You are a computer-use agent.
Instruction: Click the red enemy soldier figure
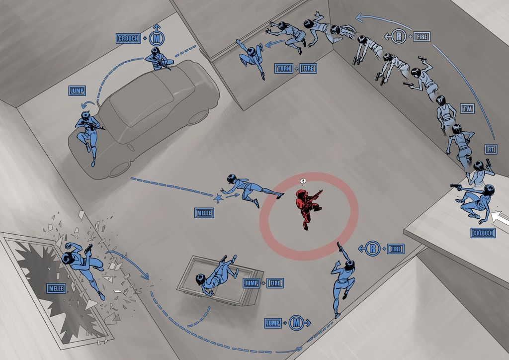(308, 207)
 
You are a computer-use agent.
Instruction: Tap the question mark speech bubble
(303, 181)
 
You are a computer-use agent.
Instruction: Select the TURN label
(284, 69)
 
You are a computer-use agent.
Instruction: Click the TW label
(467, 109)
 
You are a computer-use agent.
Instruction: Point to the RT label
(491, 149)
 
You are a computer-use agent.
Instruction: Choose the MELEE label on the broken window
(56, 288)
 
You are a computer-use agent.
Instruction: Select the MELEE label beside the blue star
(204, 213)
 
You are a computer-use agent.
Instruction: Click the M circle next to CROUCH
(157, 38)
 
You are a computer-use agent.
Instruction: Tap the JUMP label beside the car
(77, 90)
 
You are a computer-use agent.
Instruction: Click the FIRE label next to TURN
(308, 69)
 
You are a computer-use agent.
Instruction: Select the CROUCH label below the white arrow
(483, 233)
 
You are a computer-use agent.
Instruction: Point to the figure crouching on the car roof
(159, 59)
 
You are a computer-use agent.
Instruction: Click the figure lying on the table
(216, 275)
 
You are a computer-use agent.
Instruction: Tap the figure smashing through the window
(84, 266)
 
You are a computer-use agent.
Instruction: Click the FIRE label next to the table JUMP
(275, 283)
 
